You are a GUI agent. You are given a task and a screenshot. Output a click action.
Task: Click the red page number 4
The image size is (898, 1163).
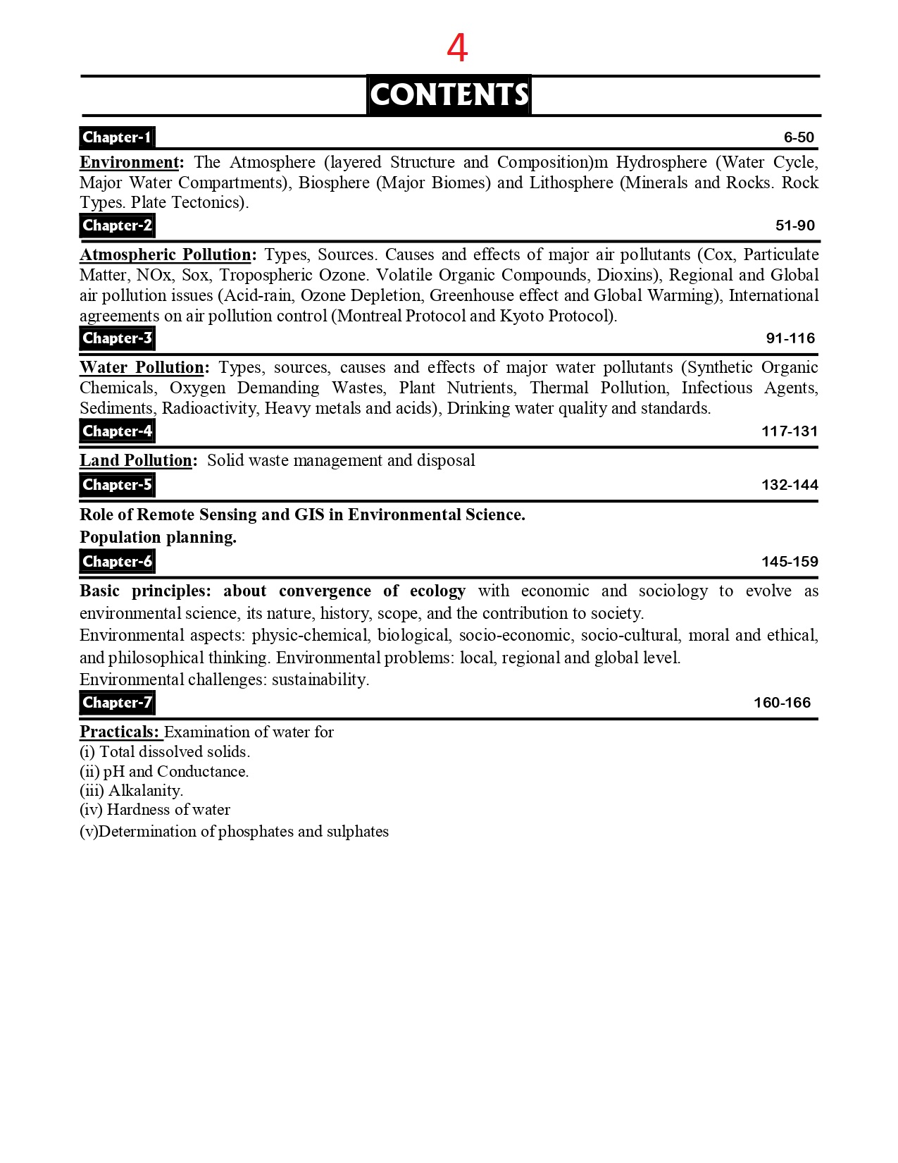(x=457, y=49)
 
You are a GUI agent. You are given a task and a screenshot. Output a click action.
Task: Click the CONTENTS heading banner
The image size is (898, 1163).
(x=449, y=94)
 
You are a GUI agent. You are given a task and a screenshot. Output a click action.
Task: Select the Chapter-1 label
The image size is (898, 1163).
(x=117, y=137)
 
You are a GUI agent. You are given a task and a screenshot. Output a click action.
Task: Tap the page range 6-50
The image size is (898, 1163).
(x=799, y=137)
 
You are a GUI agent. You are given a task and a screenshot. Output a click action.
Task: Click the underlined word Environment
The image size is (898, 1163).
(x=130, y=162)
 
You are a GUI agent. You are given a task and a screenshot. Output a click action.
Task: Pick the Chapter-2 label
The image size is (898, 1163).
(x=117, y=226)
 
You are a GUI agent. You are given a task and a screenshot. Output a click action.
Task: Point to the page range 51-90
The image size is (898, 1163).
(x=794, y=226)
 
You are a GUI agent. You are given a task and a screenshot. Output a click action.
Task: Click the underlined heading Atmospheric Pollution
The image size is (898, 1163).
(x=166, y=254)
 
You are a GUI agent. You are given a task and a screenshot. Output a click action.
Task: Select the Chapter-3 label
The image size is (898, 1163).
(x=117, y=338)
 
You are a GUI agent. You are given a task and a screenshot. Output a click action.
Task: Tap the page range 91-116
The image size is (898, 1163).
(x=790, y=338)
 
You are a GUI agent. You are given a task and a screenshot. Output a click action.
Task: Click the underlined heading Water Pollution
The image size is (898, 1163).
(x=142, y=367)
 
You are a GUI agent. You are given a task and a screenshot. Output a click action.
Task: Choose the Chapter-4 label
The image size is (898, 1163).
(x=117, y=431)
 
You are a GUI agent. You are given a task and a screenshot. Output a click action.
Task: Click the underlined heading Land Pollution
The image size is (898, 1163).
(x=136, y=460)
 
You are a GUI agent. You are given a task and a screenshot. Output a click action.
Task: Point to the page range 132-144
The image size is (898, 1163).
(x=790, y=485)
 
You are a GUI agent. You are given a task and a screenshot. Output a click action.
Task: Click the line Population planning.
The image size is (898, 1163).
(x=158, y=537)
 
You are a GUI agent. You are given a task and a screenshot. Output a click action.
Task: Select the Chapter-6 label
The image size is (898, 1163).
(x=117, y=562)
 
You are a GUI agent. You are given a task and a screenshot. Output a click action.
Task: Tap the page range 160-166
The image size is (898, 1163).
(x=782, y=703)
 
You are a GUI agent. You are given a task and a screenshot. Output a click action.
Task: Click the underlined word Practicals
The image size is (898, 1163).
(x=119, y=732)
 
